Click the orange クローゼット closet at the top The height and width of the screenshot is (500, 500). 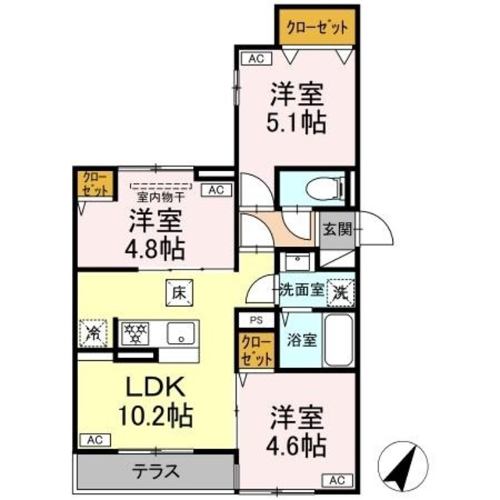[x=316, y=26]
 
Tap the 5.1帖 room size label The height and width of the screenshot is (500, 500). [x=298, y=123]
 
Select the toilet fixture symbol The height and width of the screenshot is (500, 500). [x=327, y=187]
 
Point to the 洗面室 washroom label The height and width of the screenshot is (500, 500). [x=302, y=288]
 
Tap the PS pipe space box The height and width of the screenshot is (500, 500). [x=256, y=320]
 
